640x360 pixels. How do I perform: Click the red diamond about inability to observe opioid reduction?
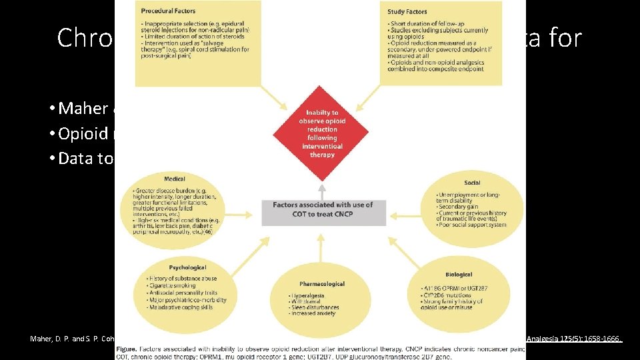click(x=323, y=133)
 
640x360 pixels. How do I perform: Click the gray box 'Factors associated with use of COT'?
click(x=323, y=209)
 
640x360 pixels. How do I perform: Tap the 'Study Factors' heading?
click(x=407, y=11)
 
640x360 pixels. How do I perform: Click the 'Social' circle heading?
click(x=471, y=182)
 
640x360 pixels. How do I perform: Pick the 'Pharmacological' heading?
click(x=323, y=283)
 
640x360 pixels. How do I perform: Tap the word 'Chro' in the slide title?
click(x=85, y=38)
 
